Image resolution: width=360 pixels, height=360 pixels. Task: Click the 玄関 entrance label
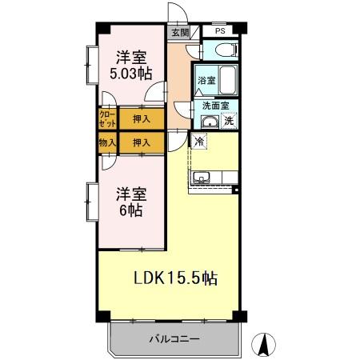point(179,33)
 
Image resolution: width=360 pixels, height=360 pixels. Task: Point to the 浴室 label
point(206,80)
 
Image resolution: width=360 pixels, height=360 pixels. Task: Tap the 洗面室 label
point(215,106)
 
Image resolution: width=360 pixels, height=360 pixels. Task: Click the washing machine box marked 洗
point(229,122)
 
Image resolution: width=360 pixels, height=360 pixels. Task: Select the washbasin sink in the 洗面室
point(209,122)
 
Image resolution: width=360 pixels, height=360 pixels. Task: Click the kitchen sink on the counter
point(200,177)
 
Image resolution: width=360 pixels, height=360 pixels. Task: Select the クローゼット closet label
point(107,119)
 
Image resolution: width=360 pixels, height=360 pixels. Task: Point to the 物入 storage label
point(107,142)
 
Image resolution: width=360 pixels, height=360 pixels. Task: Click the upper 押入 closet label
point(142,119)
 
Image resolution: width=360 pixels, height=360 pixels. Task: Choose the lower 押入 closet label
point(142,142)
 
